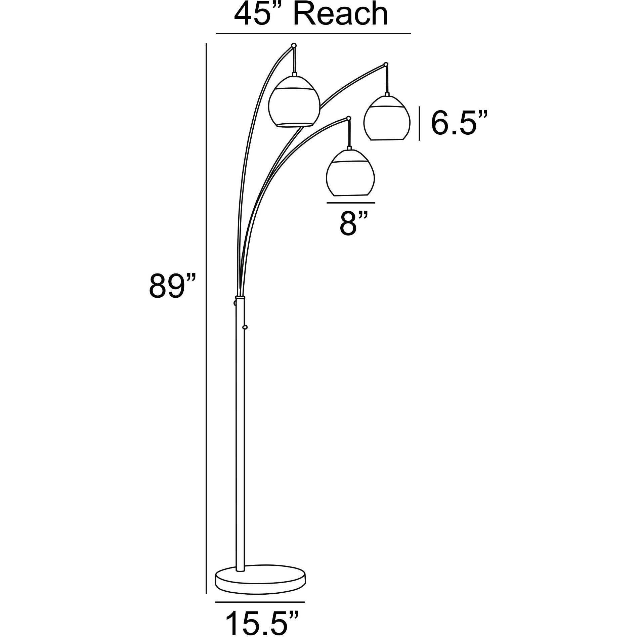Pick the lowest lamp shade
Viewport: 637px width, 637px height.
[x=350, y=173]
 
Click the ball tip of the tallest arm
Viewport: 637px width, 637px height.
[x=294, y=45]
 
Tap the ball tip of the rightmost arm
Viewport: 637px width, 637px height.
[x=386, y=64]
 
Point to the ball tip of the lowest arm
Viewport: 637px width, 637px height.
[x=349, y=118]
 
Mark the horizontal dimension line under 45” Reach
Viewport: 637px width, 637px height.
[x=313, y=34]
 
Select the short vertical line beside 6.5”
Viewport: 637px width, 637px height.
[x=419, y=123]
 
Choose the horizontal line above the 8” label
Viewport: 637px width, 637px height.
[x=350, y=203]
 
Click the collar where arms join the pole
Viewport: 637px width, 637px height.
[x=240, y=297]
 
